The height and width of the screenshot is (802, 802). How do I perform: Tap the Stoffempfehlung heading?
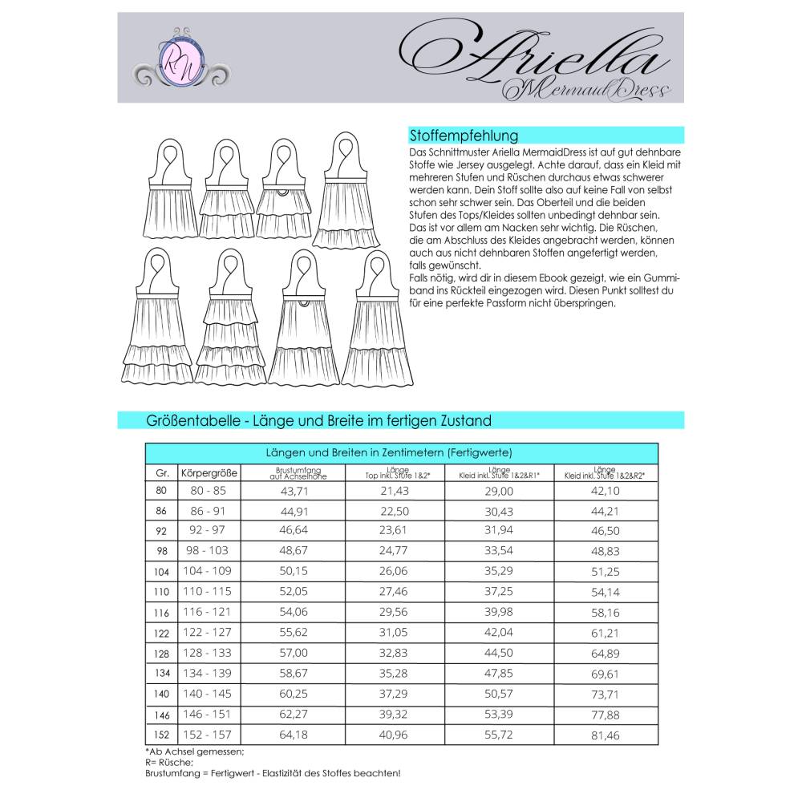[464, 136]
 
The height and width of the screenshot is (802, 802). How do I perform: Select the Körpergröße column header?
[209, 472]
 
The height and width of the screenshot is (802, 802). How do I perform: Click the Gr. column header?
[161, 472]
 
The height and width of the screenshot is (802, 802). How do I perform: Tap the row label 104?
[161, 571]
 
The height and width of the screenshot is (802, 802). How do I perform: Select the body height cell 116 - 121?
[209, 612]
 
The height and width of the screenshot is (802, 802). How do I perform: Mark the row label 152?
[161, 734]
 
